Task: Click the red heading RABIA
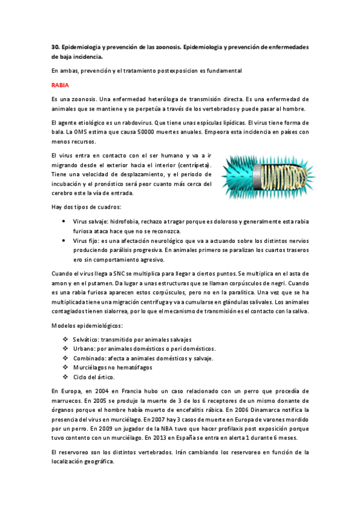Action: (60, 85)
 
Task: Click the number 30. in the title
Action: (55, 47)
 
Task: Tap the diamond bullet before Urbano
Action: (65, 349)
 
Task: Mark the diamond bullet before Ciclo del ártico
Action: (65, 376)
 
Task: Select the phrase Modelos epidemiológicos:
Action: (87, 325)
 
